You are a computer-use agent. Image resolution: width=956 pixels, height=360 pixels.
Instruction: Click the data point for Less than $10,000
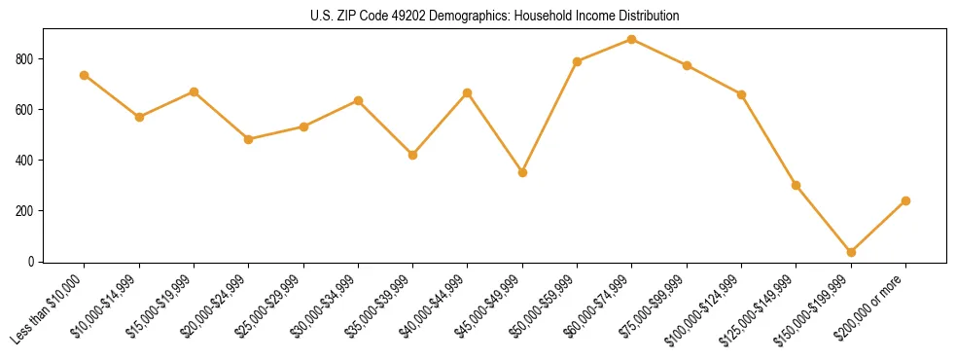[85, 75]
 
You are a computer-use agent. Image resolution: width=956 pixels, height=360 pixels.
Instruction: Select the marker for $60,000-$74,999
[632, 40]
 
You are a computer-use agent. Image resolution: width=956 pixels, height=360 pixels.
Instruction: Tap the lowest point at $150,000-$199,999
[851, 252]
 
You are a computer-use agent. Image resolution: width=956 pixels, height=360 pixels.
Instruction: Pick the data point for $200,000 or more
[905, 200]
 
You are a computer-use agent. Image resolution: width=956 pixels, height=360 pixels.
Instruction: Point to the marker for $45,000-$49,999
[522, 172]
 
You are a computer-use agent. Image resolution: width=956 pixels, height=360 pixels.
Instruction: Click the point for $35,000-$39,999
[412, 155]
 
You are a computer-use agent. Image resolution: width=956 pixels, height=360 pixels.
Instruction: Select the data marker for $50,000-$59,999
[578, 61]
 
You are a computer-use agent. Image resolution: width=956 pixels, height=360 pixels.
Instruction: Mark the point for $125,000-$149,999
[796, 185]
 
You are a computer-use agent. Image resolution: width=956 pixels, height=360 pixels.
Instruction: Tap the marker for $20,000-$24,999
[248, 139]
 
